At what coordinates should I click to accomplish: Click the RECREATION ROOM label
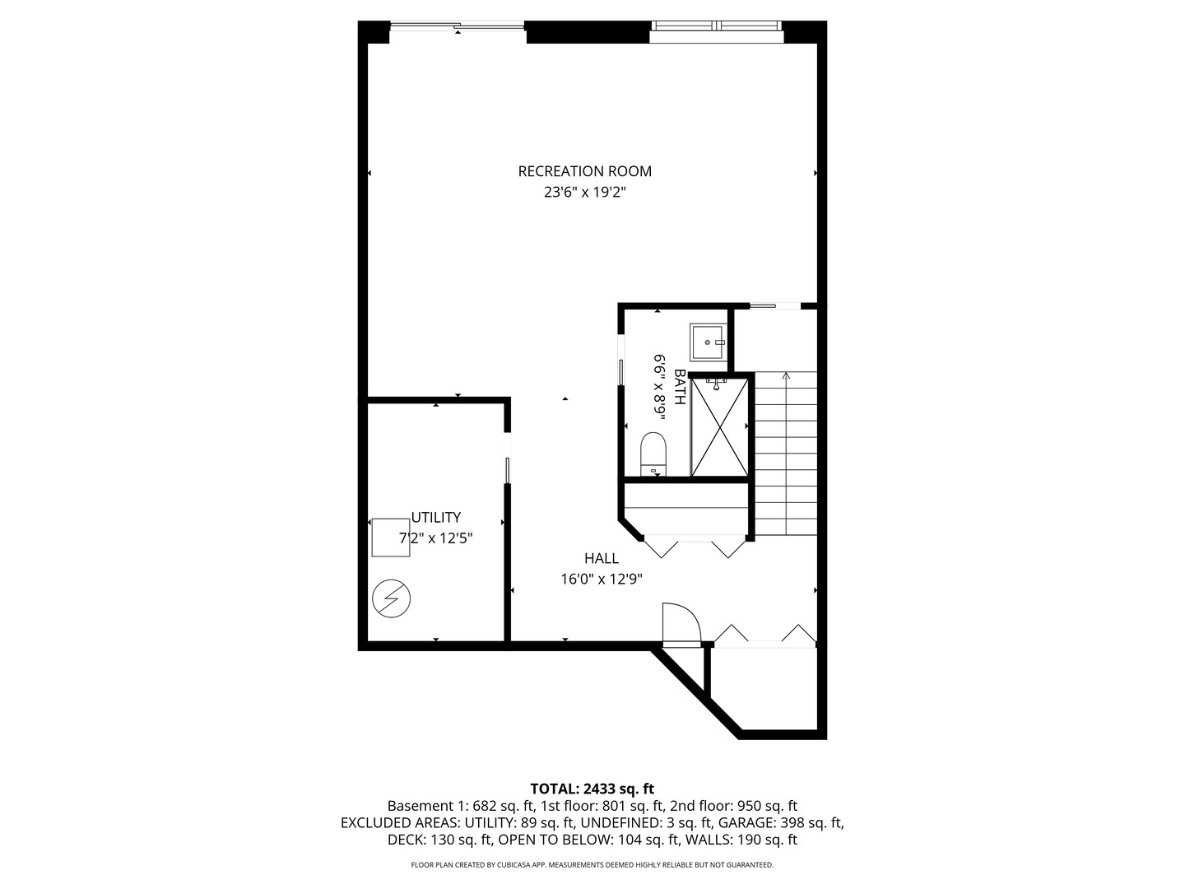(x=584, y=171)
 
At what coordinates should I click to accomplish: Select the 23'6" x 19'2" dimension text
(x=584, y=193)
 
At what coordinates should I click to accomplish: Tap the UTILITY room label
(x=435, y=518)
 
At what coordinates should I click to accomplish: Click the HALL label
(x=602, y=558)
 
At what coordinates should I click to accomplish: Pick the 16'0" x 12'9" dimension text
(x=602, y=579)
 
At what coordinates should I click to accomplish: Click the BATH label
(x=680, y=386)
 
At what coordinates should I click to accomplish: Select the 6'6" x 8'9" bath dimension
(x=660, y=386)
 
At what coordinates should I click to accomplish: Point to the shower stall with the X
(x=719, y=426)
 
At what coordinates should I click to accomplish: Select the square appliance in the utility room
(x=390, y=538)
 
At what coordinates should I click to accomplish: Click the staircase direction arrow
(x=786, y=377)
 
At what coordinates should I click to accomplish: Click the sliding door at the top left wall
(x=457, y=28)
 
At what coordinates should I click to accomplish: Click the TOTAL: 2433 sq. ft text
(x=592, y=789)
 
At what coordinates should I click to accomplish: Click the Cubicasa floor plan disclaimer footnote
(x=592, y=865)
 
